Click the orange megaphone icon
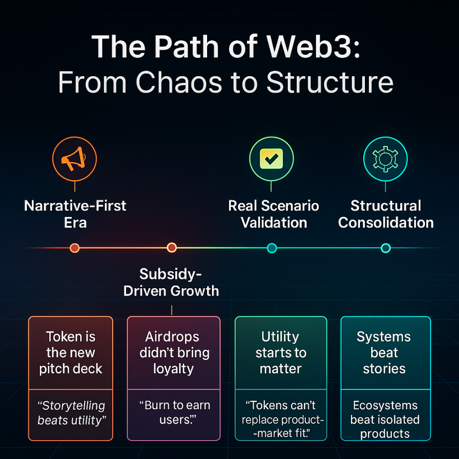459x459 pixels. (74, 159)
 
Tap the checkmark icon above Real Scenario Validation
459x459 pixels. (271, 159)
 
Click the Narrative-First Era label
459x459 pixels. (75, 214)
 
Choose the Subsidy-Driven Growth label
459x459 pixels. (171, 282)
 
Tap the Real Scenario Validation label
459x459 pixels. (273, 214)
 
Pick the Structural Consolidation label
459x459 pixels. (386, 214)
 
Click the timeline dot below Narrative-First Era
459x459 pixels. (75, 247)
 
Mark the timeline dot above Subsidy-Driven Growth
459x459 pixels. (172, 247)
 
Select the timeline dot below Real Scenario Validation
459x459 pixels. (271, 247)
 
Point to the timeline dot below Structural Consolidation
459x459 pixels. (385, 247)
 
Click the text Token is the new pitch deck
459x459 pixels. (71, 353)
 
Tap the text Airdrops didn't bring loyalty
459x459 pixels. (174, 353)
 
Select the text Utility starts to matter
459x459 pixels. (281, 353)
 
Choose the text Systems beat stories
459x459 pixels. (384, 353)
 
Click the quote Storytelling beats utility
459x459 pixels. (71, 413)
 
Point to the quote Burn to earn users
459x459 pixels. (174, 413)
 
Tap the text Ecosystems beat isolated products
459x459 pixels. (385, 419)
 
